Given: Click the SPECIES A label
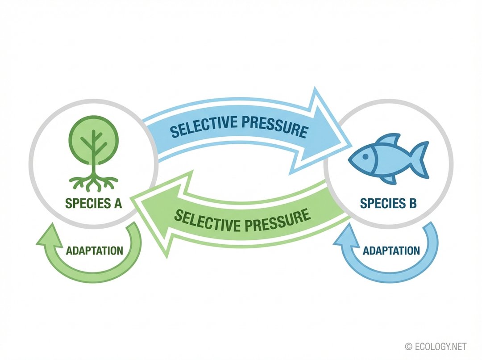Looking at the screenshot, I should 93,204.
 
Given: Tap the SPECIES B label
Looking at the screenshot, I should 388,204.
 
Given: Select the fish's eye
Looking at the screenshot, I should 366,157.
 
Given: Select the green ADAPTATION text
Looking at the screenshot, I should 94,250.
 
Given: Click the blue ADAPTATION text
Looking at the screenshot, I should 391,250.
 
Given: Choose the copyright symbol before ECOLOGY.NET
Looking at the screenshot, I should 409,347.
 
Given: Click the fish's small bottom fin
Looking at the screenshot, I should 390,179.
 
